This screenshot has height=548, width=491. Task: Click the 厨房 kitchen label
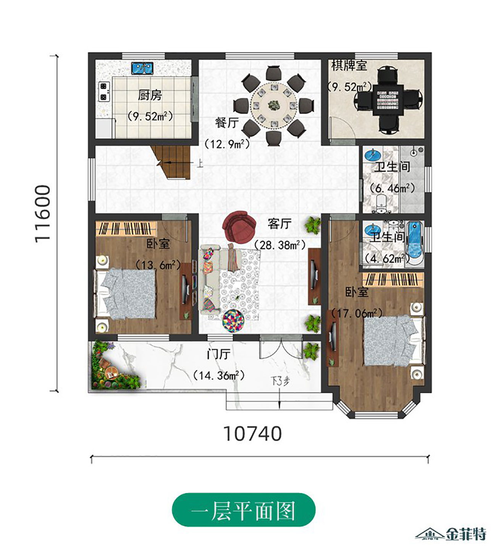coord(150,95)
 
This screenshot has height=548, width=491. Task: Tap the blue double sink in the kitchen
coord(142,68)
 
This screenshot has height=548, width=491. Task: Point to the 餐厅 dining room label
coord(227,122)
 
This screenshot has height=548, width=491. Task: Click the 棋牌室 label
coord(349,66)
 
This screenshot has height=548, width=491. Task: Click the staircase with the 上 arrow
coord(171,162)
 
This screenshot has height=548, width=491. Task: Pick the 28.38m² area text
coord(280,245)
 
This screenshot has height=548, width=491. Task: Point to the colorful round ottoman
coord(233,320)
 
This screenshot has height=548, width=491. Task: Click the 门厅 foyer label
coord(218,354)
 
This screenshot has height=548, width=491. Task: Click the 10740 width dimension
coord(252,434)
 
